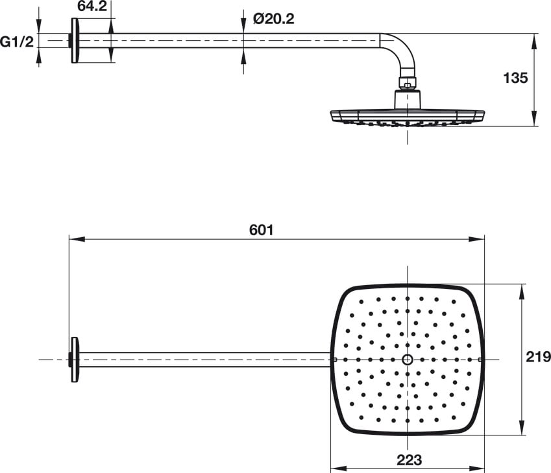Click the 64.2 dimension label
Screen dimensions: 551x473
[92, 6]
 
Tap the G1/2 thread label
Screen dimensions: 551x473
[17, 42]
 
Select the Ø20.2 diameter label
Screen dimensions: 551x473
[274, 19]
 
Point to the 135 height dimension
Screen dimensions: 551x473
[515, 78]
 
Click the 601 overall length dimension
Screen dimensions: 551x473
[261, 230]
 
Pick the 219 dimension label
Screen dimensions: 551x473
[539, 357]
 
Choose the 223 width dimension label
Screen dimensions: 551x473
[410, 459]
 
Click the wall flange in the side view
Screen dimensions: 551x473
[75, 41]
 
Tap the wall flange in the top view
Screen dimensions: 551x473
[75, 360]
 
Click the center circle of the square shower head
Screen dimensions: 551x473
[408, 360]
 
